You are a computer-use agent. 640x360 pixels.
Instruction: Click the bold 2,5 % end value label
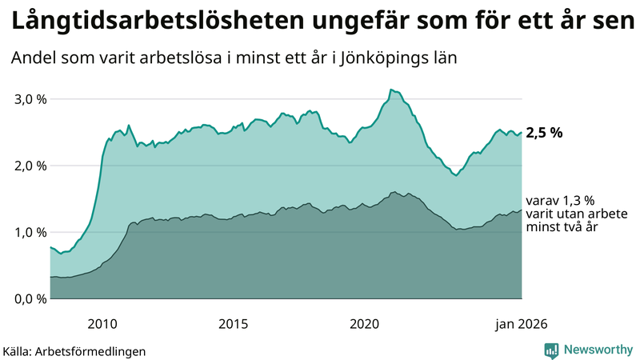544,133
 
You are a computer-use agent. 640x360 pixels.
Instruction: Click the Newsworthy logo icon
551,350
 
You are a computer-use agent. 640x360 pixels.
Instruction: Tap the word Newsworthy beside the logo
599,350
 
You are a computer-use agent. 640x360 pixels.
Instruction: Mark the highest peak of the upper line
390,90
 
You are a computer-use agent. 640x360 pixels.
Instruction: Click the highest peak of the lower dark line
394,192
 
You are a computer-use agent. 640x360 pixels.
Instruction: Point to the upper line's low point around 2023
456,175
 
